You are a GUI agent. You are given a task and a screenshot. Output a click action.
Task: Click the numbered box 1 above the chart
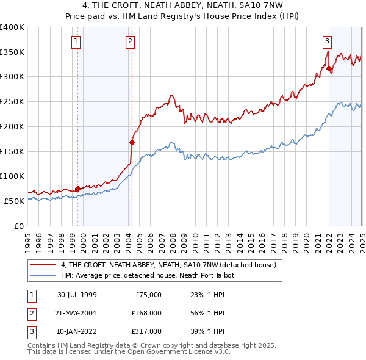pos(76,41)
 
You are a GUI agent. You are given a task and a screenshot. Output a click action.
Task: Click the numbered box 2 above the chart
pos(131,41)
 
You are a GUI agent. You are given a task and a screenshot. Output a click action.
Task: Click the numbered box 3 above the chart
pos(327,41)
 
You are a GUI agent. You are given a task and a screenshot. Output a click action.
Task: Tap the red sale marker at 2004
pos(132,142)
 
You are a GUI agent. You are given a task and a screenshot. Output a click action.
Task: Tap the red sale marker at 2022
pos(329,68)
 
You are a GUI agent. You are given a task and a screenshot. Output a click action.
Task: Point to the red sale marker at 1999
pos(78,189)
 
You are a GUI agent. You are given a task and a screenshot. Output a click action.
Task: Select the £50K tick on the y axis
pos(13,201)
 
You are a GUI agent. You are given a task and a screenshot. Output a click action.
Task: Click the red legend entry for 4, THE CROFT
pos(168,265)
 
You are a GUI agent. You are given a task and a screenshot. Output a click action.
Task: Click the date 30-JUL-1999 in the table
pos(77,295)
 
